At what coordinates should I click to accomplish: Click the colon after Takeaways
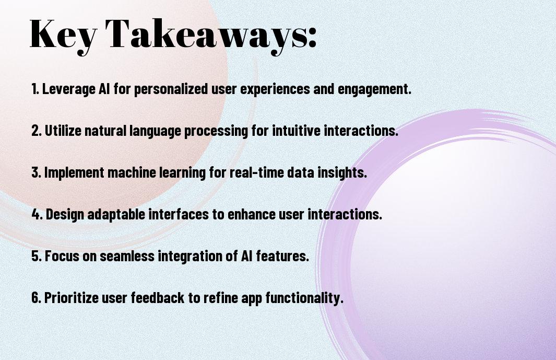(x=312, y=37)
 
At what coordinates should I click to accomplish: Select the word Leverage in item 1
(x=69, y=89)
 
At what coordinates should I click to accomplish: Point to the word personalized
(x=171, y=89)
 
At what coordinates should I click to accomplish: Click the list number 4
(x=36, y=214)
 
